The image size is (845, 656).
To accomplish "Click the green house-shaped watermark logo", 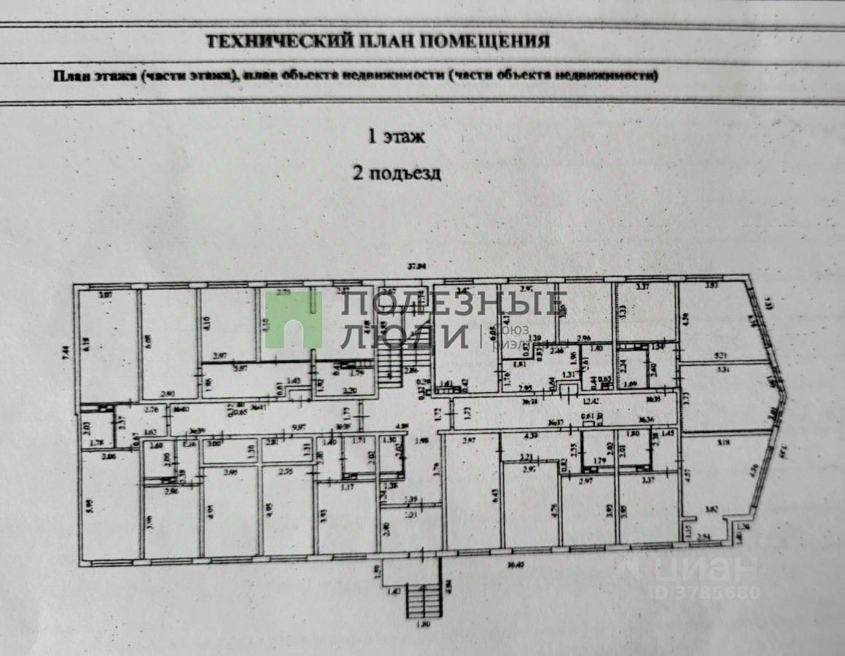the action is coord(293,319).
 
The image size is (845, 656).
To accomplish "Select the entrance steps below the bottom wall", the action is coord(425,599).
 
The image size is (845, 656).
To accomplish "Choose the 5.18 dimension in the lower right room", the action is coord(724,441).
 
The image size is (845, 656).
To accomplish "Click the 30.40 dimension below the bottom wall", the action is coord(515,563).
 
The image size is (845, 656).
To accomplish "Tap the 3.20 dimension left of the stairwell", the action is coord(350,391).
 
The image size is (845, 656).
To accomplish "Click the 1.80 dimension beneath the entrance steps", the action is coord(424,624).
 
